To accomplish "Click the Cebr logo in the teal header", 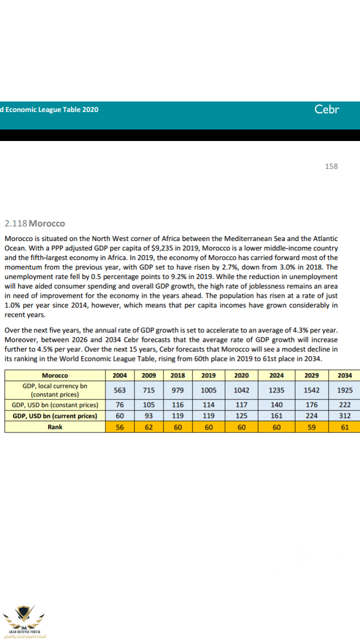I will click(326, 109).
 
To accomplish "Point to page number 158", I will click(331, 166).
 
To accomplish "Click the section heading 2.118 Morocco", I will click(34, 223).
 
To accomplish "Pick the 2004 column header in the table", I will click(119, 375).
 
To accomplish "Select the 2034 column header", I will click(344, 375).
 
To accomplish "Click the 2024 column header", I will click(276, 375).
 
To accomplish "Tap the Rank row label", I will click(55, 427).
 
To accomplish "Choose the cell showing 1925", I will click(344, 390).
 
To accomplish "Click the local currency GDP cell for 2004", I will click(119, 390).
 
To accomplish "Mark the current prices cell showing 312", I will click(344, 415).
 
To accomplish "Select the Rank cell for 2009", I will click(149, 427).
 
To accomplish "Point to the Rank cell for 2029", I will click(310, 427).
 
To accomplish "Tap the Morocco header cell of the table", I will click(55, 375).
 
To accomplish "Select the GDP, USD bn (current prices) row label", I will click(55, 415).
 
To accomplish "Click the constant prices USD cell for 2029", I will click(310, 405).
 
